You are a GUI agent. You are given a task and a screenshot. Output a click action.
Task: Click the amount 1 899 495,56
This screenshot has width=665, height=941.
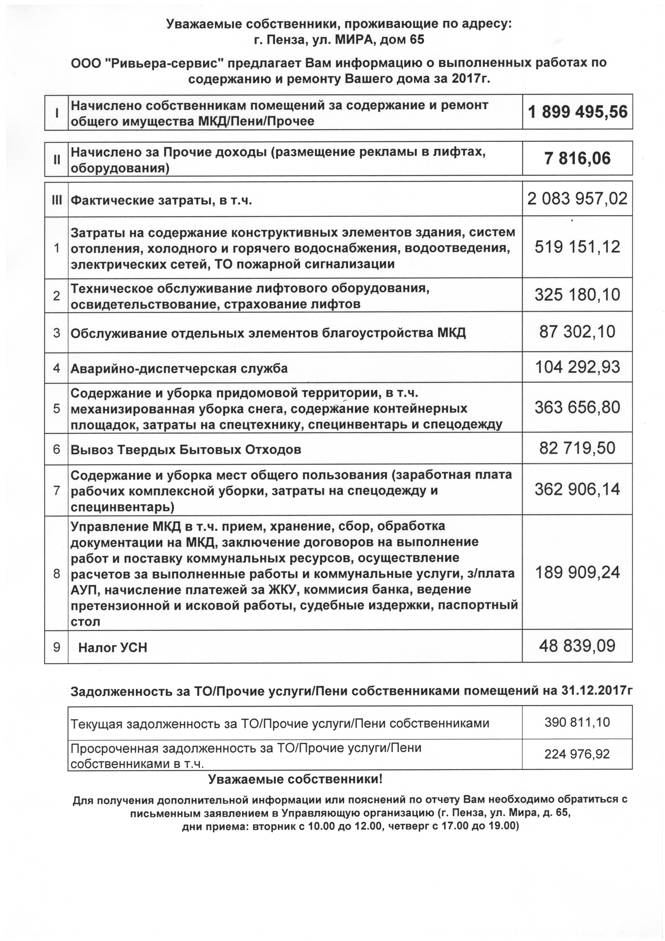click(577, 112)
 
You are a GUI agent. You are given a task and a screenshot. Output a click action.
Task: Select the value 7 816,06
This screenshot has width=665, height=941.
click(577, 159)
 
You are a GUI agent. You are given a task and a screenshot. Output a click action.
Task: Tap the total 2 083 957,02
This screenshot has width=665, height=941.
click(577, 199)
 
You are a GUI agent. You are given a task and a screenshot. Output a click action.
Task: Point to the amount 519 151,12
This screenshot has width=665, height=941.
click(577, 247)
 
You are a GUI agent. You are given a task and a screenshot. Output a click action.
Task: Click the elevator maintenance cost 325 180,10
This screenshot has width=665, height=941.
click(577, 295)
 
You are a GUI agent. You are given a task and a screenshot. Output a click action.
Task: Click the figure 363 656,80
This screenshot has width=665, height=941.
click(577, 408)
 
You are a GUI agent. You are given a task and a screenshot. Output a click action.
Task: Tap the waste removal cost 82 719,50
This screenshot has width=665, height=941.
click(577, 448)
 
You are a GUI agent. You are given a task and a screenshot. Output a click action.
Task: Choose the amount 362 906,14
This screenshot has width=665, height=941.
click(577, 489)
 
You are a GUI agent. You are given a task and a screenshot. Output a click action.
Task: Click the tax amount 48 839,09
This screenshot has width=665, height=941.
click(577, 646)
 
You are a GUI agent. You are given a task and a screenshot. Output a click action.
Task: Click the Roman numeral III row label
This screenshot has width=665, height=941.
click(57, 200)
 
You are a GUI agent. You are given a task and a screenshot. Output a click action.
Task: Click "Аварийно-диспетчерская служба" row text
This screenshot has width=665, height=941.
click(179, 369)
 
